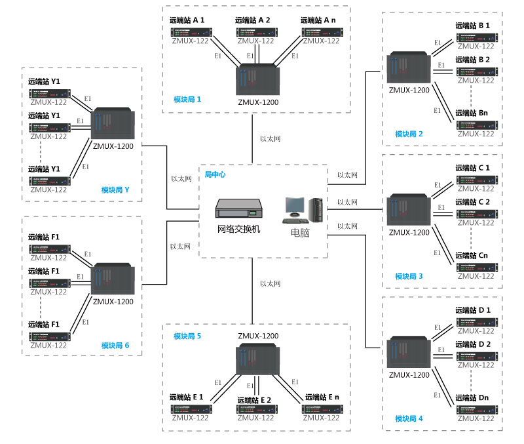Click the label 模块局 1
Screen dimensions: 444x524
[x=187, y=99]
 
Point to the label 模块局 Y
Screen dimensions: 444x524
[x=115, y=190]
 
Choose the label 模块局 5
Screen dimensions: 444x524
[x=187, y=336]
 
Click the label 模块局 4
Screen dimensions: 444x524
[x=409, y=418]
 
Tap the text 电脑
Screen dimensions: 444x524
[x=303, y=233]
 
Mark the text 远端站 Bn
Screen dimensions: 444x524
[x=472, y=113]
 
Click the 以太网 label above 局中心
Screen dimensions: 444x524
[x=270, y=138]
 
